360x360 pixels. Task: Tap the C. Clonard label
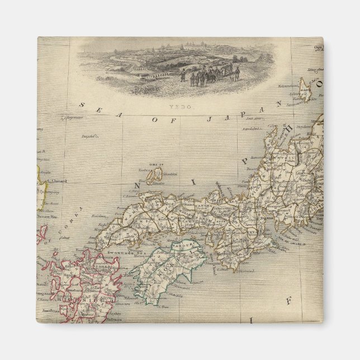click(x=58, y=180)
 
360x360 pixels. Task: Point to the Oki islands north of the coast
click(x=154, y=176)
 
